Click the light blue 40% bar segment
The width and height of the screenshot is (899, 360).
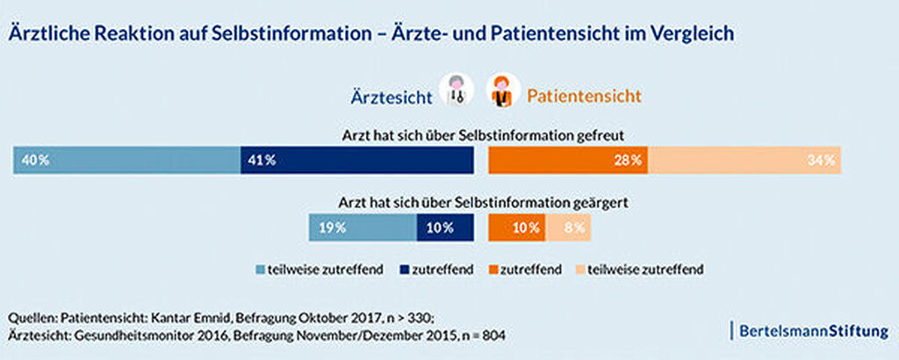point(126,161)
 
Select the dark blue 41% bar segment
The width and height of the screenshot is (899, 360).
point(356,161)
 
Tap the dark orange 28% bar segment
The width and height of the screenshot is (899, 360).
point(568,161)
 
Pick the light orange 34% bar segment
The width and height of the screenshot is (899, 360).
point(744,161)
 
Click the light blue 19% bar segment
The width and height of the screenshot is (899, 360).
point(362,227)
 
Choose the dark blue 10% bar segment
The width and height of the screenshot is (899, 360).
point(444,227)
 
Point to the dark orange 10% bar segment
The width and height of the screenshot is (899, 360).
point(517,227)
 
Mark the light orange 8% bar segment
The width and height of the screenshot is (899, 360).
point(568,227)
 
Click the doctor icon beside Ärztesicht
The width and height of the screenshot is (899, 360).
point(456,91)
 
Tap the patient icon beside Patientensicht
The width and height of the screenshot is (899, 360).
point(501,91)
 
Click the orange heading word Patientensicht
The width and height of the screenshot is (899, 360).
point(584,94)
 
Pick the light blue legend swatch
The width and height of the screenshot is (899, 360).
point(261,270)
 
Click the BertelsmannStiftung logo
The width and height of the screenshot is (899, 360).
point(810,331)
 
